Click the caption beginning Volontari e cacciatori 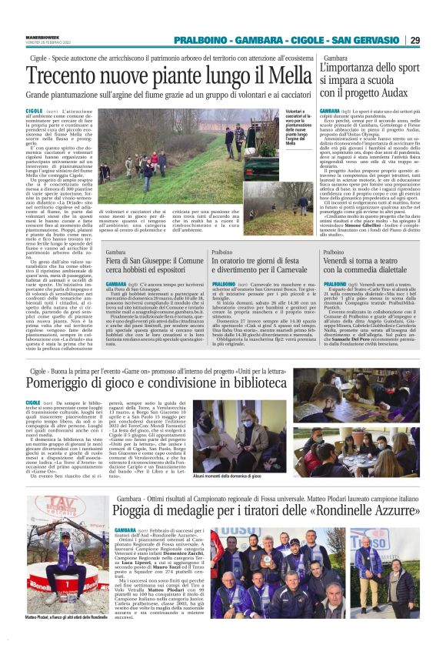(300, 126)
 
